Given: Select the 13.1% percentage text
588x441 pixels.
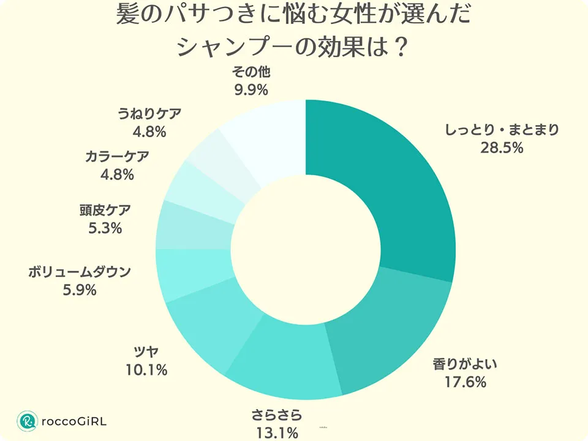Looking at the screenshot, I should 277,432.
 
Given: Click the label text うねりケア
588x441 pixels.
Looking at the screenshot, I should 149,113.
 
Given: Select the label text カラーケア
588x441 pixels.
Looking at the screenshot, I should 116,156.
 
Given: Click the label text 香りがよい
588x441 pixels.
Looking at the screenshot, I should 466,365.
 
